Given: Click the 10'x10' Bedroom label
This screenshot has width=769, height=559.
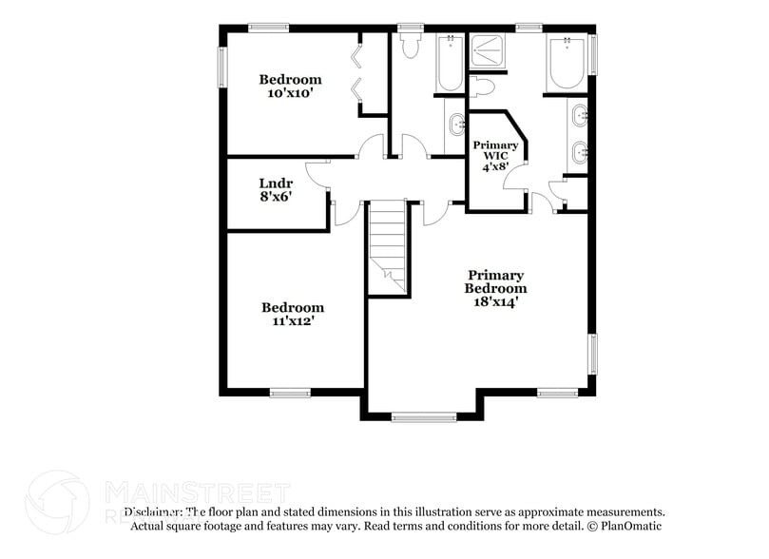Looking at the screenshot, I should [291, 87].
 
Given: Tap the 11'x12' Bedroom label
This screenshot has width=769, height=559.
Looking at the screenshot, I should [293, 314].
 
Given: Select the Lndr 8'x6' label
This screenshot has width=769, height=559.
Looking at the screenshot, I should [275, 190].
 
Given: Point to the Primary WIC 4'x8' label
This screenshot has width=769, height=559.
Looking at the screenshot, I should [495, 155].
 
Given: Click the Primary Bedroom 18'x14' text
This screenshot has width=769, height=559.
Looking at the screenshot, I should [495, 288].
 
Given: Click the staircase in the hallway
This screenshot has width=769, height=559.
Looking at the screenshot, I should [388, 244].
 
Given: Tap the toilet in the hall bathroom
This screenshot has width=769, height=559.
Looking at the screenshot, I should [411, 47].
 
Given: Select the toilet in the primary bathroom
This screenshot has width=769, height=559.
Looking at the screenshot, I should [482, 87].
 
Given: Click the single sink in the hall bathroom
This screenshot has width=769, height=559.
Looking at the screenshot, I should [455, 123].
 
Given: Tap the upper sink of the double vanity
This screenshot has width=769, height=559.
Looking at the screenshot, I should [579, 119].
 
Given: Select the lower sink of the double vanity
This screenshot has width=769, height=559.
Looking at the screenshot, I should [579, 149].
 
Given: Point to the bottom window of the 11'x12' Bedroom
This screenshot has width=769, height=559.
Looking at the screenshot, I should [289, 392].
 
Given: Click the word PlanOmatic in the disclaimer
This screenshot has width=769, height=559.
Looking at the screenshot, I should [628, 526].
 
